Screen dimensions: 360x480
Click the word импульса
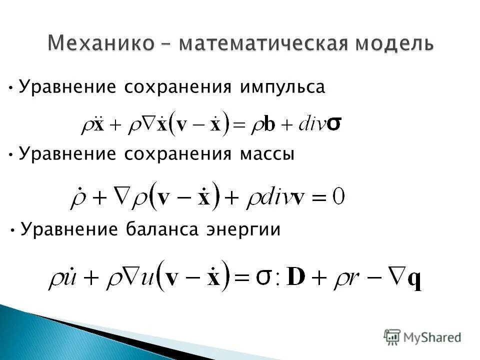click(x=282, y=87)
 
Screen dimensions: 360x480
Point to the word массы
click(x=267, y=154)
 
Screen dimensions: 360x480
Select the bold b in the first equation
click(x=269, y=123)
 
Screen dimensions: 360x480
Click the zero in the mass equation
click(x=339, y=197)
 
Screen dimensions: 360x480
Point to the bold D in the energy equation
click(x=297, y=278)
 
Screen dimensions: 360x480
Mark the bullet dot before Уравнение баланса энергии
click(x=12, y=230)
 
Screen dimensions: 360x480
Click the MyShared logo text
click(x=432, y=337)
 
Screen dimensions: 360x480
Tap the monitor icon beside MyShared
click(x=392, y=336)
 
